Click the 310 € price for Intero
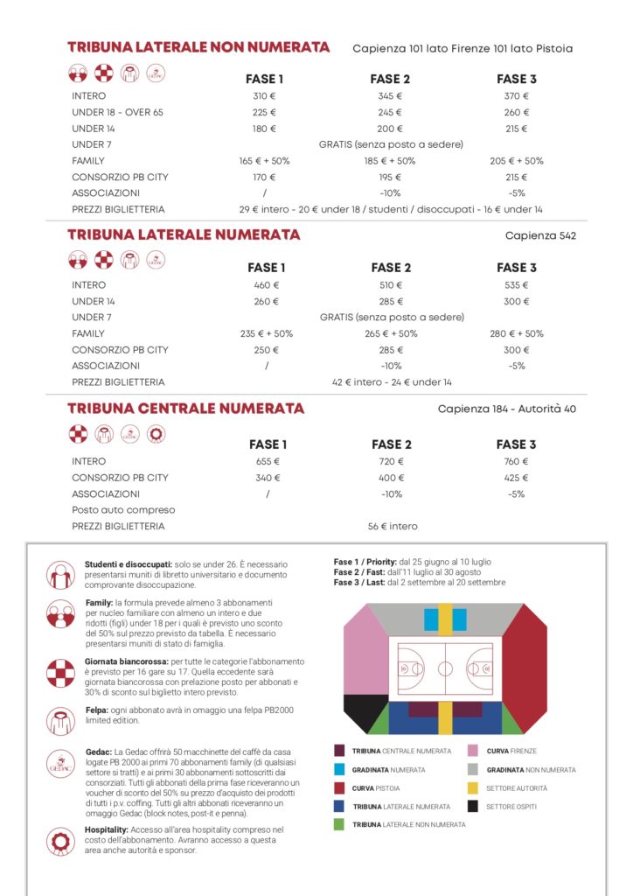264,96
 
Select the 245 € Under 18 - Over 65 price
390,113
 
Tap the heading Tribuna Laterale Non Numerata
198,47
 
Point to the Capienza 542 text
540,235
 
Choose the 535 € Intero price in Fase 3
517,285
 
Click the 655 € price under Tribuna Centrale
267,461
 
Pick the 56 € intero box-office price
393,527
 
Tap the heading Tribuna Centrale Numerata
185,409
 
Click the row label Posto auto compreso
123,510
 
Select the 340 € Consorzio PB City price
267,478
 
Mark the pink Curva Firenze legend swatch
472,751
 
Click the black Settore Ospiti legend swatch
472,806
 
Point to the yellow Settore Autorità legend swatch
472,787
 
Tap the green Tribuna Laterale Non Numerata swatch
338,824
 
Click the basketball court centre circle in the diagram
445,669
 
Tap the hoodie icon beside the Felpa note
60,720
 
